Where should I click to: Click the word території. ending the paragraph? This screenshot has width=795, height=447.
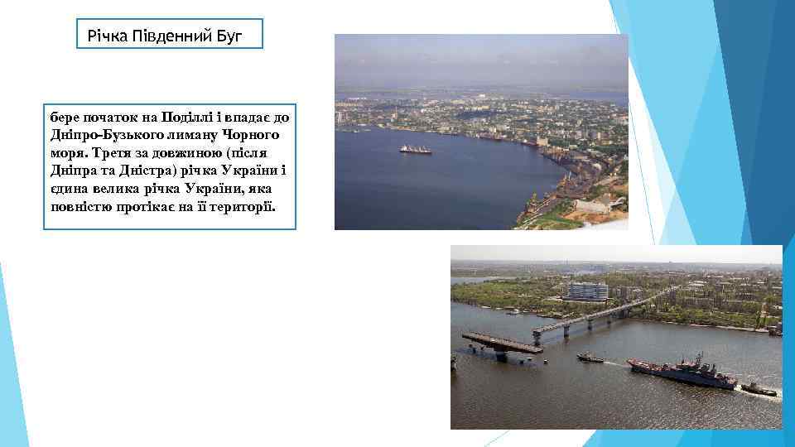[248, 207]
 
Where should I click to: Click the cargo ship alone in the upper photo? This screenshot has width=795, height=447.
[416, 150]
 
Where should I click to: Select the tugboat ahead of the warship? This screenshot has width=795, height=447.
[590, 358]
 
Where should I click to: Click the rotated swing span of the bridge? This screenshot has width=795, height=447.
[502, 344]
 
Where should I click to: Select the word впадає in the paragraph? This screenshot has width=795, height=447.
[250, 116]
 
